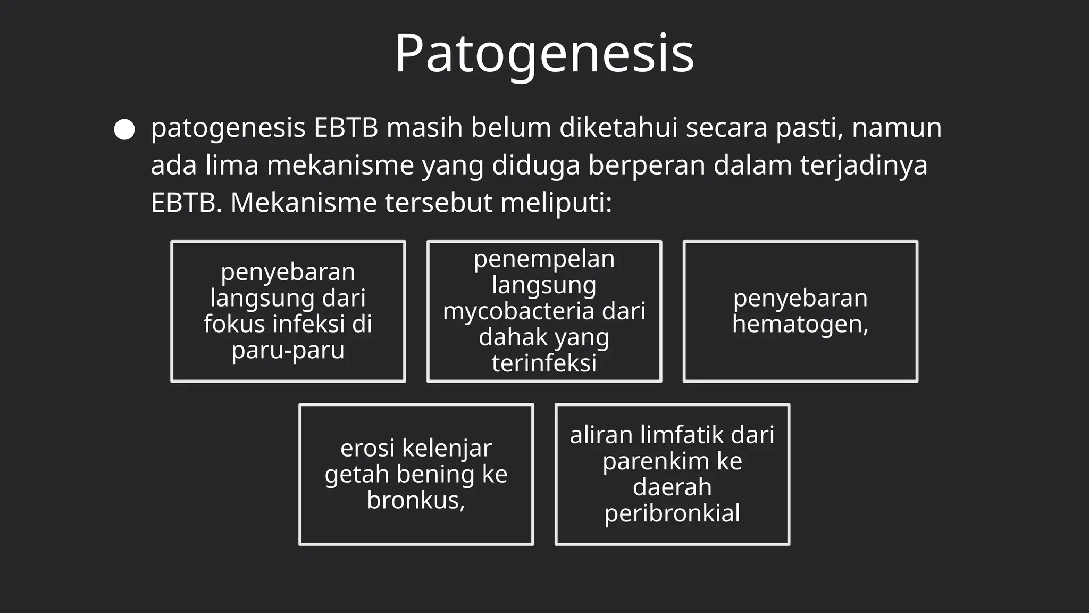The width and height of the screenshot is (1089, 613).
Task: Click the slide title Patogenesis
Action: point(544,53)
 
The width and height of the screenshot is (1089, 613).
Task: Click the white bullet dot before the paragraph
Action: point(124,130)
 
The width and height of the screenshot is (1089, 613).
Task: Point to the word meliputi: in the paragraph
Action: point(556,203)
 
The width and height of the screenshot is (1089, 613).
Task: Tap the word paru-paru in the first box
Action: point(288,350)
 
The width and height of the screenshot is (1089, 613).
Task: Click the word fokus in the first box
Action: point(234,324)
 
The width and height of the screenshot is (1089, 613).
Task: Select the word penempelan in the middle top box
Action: point(544,259)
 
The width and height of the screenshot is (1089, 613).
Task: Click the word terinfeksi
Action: point(544,363)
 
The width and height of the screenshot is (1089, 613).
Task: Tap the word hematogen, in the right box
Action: point(800,324)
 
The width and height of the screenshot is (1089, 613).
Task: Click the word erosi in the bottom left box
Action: point(367,448)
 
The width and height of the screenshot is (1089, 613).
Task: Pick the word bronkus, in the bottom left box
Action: point(416,500)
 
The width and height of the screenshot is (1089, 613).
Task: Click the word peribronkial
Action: point(672,513)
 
